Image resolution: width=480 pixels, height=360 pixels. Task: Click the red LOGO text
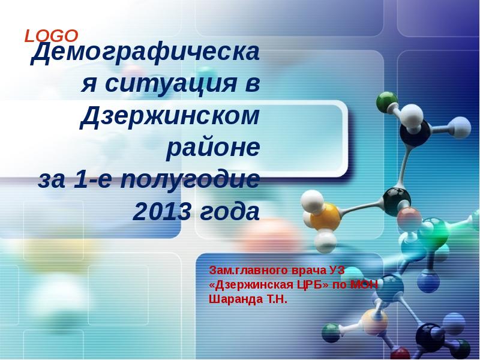pos(51,36)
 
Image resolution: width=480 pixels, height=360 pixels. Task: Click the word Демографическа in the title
pos(145,56)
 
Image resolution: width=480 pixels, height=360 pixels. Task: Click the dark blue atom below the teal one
pos(428,281)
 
